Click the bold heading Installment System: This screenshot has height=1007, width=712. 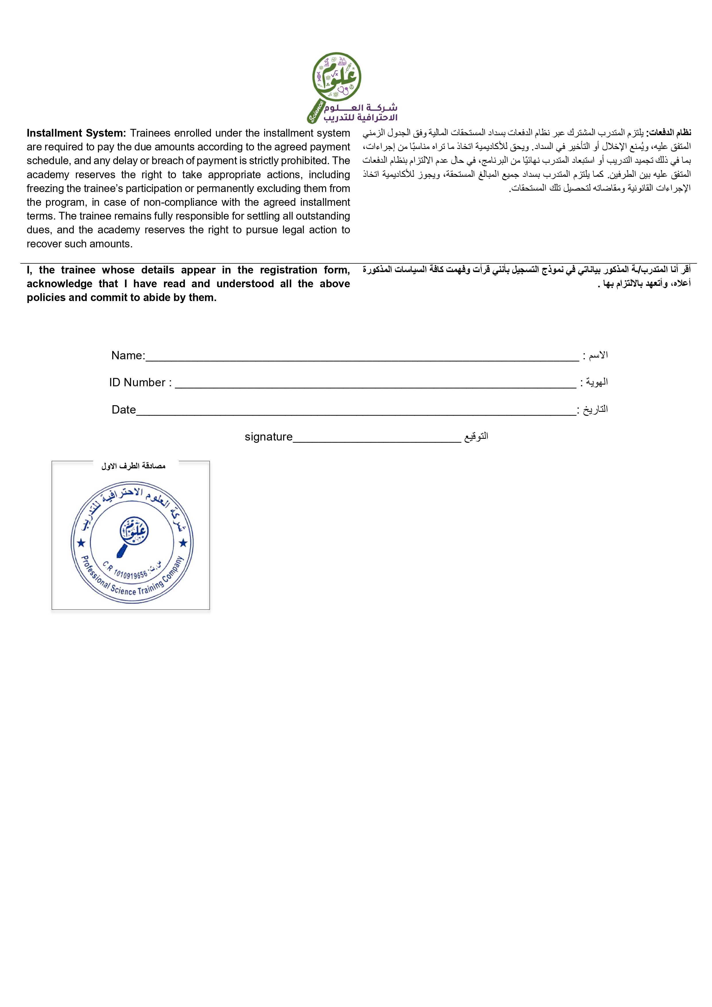[76, 133]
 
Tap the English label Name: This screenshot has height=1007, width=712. [128, 355]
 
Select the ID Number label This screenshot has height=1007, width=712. [140, 383]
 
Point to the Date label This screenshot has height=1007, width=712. [124, 410]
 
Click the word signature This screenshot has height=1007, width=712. [268, 437]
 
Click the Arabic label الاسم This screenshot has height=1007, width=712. [598, 355]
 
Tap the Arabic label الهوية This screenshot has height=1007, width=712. [597, 382]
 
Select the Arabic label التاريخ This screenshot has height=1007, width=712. [595, 409]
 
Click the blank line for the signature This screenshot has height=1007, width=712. [377, 440]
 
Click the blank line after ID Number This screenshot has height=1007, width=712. [375, 386]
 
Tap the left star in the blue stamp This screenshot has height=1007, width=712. [81, 544]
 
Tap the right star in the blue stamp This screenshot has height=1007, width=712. [183, 544]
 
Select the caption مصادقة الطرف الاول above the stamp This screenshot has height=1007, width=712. [133, 466]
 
